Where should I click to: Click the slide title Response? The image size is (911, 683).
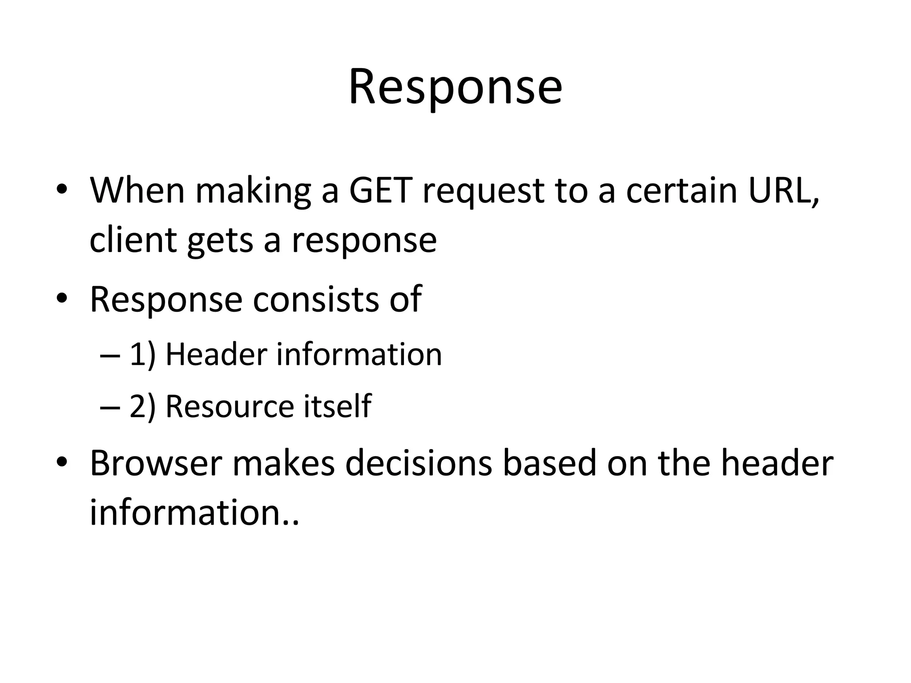click(455, 87)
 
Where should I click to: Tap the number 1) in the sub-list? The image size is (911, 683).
click(142, 354)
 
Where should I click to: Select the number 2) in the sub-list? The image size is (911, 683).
click(142, 406)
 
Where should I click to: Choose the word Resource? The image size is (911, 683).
click(230, 406)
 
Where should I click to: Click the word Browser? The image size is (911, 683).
click(156, 463)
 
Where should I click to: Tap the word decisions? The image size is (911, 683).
click(418, 463)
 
